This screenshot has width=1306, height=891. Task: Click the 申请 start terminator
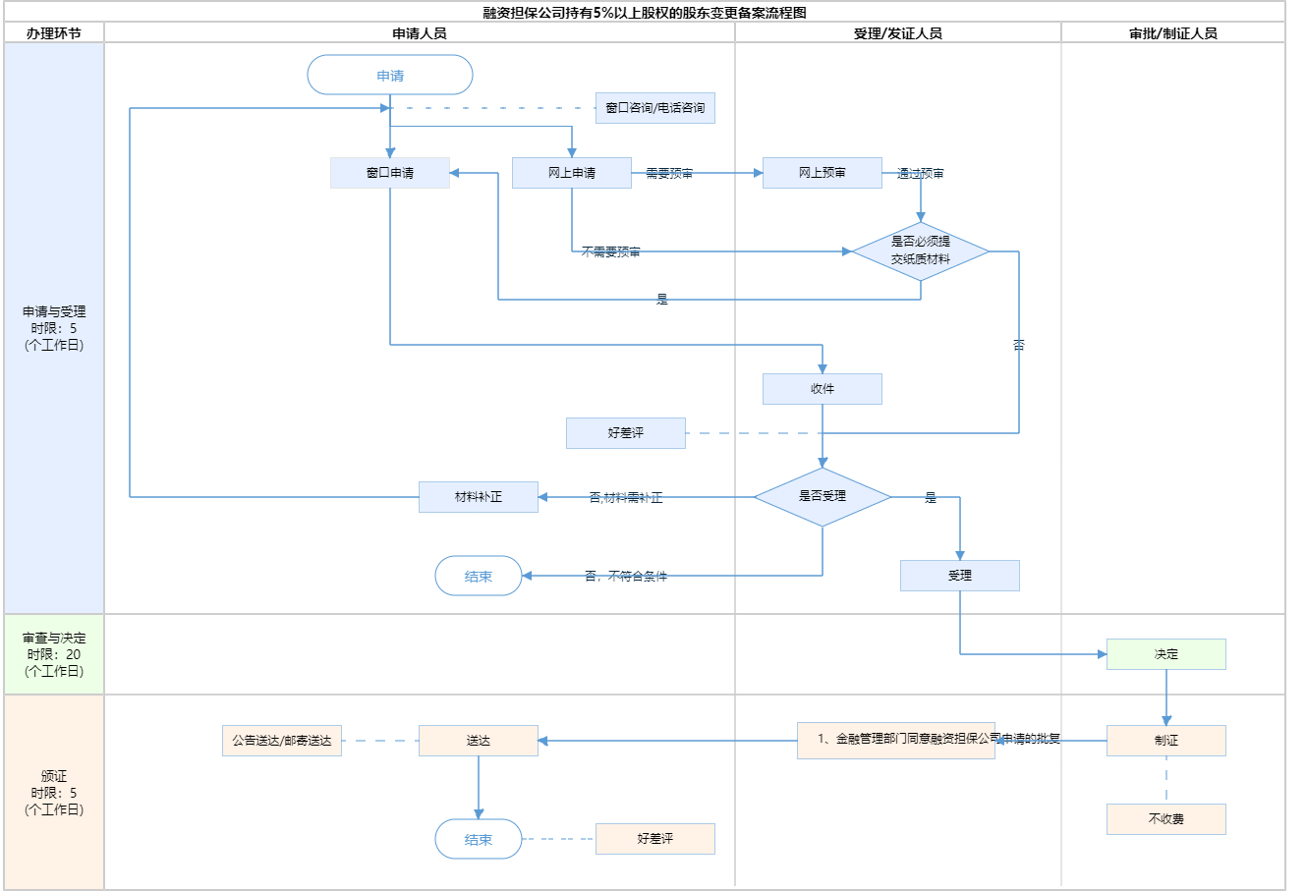tap(390, 76)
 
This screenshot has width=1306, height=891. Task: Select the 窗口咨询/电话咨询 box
tap(655, 108)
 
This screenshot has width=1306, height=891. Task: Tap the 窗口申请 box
tap(390, 173)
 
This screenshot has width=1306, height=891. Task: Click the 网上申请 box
tap(572, 173)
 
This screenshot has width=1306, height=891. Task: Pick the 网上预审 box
tap(823, 173)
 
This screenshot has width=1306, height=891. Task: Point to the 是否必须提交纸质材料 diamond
tap(921, 251)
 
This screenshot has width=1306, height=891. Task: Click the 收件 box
tap(823, 389)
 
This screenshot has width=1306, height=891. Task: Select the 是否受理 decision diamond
tap(823, 497)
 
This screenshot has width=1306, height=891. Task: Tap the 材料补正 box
tap(479, 497)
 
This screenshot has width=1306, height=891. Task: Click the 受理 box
tap(960, 576)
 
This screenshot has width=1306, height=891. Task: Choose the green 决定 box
tap(1166, 654)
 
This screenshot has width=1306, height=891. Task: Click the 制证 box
tap(1166, 741)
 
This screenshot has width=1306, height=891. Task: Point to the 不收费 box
tap(1166, 819)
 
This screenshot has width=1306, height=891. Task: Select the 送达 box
tap(479, 741)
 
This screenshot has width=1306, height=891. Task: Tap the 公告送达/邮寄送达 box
tap(282, 741)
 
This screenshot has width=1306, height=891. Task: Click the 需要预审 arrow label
tap(669, 174)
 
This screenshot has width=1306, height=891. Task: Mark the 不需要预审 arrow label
tap(610, 252)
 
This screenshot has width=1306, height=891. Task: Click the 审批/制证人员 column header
tap(1173, 33)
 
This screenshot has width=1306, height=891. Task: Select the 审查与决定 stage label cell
tap(54, 654)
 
